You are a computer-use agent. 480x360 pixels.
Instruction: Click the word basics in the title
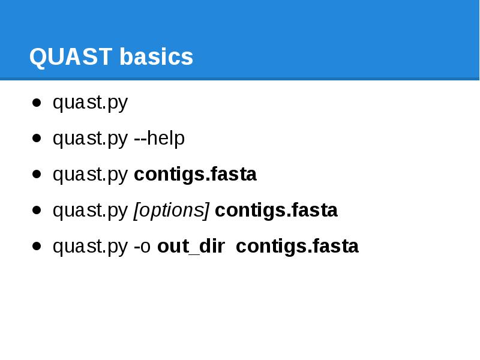click(x=156, y=58)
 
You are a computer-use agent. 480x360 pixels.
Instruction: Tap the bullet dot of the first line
click(x=37, y=103)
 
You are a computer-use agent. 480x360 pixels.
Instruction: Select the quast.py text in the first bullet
click(x=90, y=103)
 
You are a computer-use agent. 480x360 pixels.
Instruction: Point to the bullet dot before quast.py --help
click(x=37, y=139)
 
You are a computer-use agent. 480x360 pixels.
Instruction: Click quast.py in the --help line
click(x=90, y=139)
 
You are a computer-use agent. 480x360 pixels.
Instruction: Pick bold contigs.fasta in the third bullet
click(x=195, y=175)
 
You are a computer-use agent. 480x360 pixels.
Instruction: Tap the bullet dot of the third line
click(x=37, y=175)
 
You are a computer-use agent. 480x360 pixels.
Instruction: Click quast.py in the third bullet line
click(x=90, y=175)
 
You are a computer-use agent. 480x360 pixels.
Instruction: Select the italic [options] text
click(x=171, y=211)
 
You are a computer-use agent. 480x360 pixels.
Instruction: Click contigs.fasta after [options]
click(x=276, y=211)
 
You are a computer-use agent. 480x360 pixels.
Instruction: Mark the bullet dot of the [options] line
click(x=37, y=211)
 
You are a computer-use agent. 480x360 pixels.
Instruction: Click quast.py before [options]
click(x=90, y=211)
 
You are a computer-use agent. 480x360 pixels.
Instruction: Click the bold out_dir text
click(x=191, y=247)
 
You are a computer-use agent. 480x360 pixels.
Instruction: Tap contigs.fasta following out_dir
click(x=297, y=247)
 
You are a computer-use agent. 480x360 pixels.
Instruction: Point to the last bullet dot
click(x=37, y=247)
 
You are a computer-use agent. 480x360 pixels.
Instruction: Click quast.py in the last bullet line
click(x=90, y=247)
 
